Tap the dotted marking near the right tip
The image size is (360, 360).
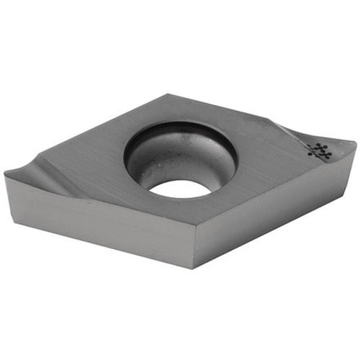point(318,150)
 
